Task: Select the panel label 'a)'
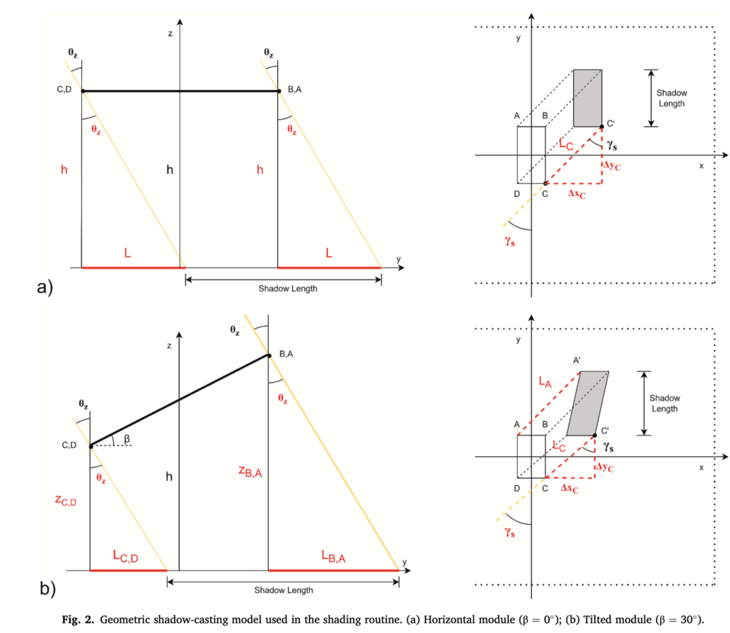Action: (45, 288)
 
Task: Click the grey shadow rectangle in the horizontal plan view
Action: (587, 98)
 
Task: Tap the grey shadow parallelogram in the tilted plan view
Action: (587, 403)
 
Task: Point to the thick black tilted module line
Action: (178, 401)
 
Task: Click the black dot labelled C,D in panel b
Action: (91, 446)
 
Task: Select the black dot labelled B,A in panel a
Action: (278, 91)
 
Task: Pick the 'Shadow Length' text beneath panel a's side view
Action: (282, 289)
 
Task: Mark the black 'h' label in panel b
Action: (170, 476)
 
